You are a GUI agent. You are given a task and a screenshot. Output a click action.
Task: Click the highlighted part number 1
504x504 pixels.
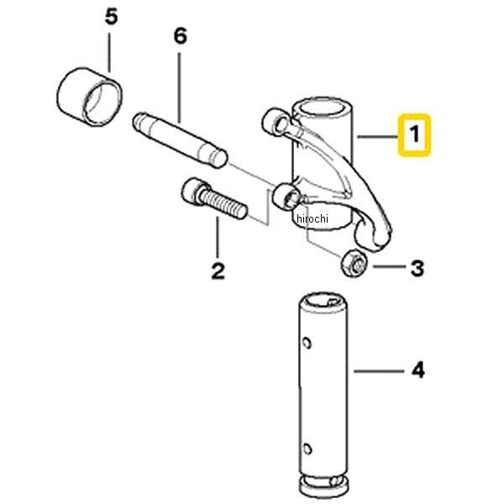point(415,134)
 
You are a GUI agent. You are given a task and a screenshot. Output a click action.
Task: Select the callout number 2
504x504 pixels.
point(218,271)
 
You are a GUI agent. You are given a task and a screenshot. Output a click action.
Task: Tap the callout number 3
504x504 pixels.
point(417,268)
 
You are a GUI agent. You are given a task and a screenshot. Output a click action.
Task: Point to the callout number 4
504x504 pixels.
point(418,370)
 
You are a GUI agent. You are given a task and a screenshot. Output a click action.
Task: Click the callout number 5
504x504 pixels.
point(111,17)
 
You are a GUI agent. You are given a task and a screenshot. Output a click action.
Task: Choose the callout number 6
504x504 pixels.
point(180,35)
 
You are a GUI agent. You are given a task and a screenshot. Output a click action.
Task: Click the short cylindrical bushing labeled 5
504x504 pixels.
point(90,97)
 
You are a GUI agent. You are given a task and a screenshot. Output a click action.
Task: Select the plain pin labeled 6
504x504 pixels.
point(181,139)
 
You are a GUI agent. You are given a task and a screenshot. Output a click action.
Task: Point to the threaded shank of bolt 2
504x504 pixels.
point(223,204)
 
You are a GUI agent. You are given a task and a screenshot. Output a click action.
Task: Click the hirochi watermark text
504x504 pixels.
point(312,218)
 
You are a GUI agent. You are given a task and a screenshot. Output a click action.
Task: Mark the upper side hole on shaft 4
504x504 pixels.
point(307,343)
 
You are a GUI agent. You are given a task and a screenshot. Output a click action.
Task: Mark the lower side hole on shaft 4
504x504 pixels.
point(307,449)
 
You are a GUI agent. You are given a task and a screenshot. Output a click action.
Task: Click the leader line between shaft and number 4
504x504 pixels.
point(379,371)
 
